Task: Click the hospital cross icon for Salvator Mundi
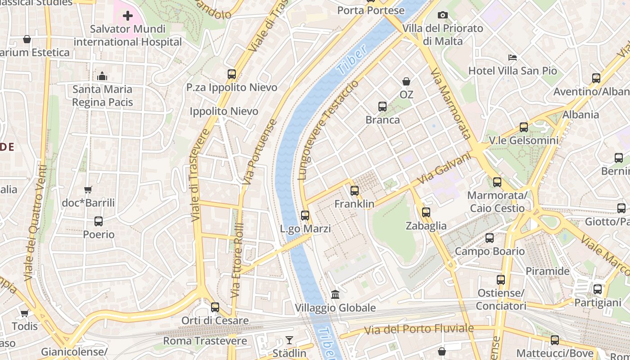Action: click(x=128, y=16)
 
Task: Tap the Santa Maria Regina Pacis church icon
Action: click(x=102, y=76)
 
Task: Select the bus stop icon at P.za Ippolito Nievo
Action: click(x=232, y=74)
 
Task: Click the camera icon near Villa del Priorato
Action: click(x=443, y=15)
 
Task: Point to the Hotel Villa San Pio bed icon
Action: click(x=512, y=58)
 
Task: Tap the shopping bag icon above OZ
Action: click(x=406, y=81)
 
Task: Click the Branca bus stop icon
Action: click(x=382, y=107)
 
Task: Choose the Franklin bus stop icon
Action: click(x=355, y=191)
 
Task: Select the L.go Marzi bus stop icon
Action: click(x=305, y=216)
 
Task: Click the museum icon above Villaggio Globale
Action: click(x=335, y=295)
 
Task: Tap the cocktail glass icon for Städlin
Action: click(x=289, y=340)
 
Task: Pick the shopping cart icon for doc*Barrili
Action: click(x=88, y=190)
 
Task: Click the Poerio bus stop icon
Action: click(x=99, y=221)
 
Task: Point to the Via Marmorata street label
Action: click(x=450, y=103)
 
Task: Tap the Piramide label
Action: click(x=548, y=271)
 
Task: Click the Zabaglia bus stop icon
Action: click(x=426, y=212)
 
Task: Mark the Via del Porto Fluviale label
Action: click(x=419, y=329)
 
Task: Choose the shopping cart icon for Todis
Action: click(x=25, y=313)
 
